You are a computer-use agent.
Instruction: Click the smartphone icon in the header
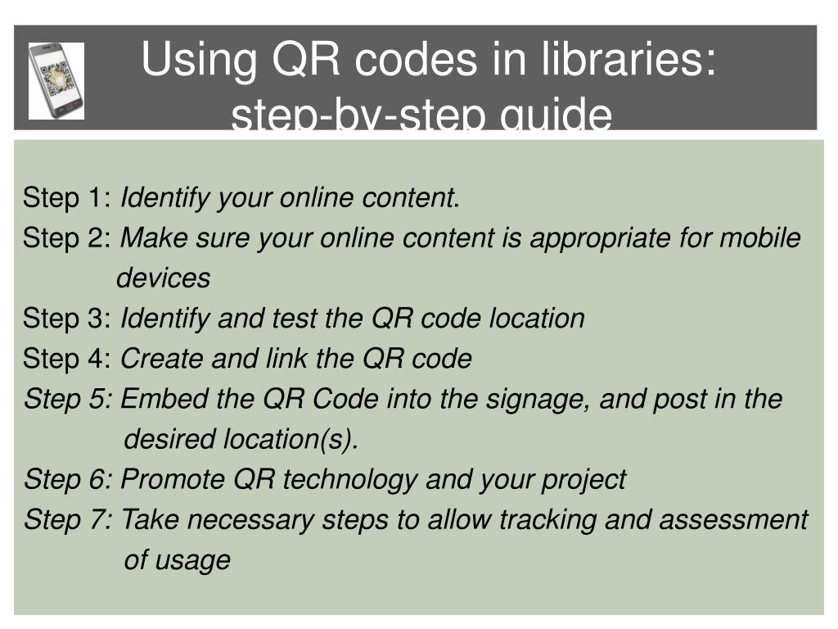click(x=56, y=80)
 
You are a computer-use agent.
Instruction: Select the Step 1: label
click(x=68, y=198)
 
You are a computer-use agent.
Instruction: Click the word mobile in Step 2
click(x=760, y=238)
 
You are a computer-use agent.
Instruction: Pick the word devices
click(x=164, y=278)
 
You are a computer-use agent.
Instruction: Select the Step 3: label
click(x=68, y=319)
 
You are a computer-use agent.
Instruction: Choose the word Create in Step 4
click(x=161, y=359)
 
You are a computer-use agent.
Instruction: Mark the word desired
click(x=169, y=440)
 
